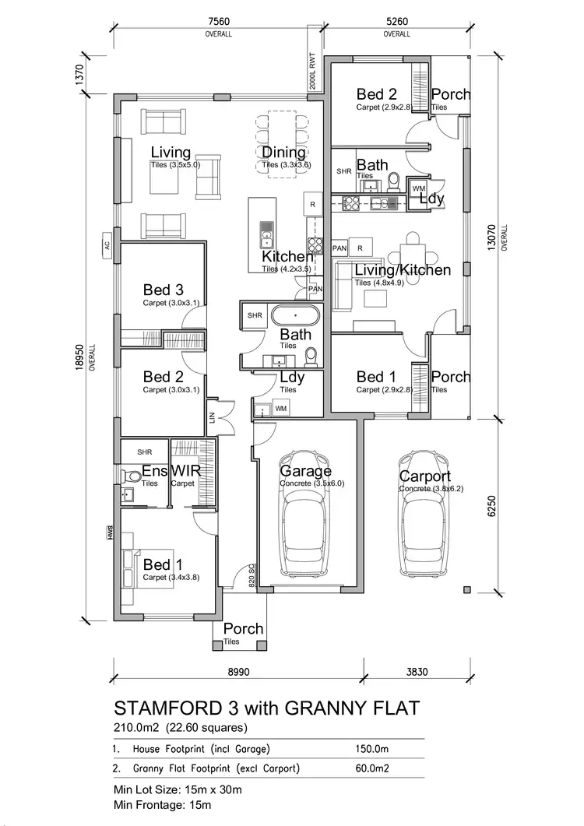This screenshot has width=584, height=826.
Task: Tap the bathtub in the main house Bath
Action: coord(294,316)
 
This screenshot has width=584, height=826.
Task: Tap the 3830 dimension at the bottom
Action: coord(417,671)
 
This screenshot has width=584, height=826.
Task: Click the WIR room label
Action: coord(185,472)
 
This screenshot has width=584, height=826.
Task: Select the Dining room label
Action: coord(283,153)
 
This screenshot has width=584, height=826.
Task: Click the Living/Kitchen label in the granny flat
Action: coord(403,271)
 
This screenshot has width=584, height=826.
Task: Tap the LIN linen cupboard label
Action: coord(210,418)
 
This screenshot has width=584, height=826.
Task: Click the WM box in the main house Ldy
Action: coord(280,408)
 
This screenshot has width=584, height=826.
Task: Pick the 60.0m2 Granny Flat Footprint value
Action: coord(372,769)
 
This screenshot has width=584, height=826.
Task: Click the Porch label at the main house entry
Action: coord(243,629)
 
